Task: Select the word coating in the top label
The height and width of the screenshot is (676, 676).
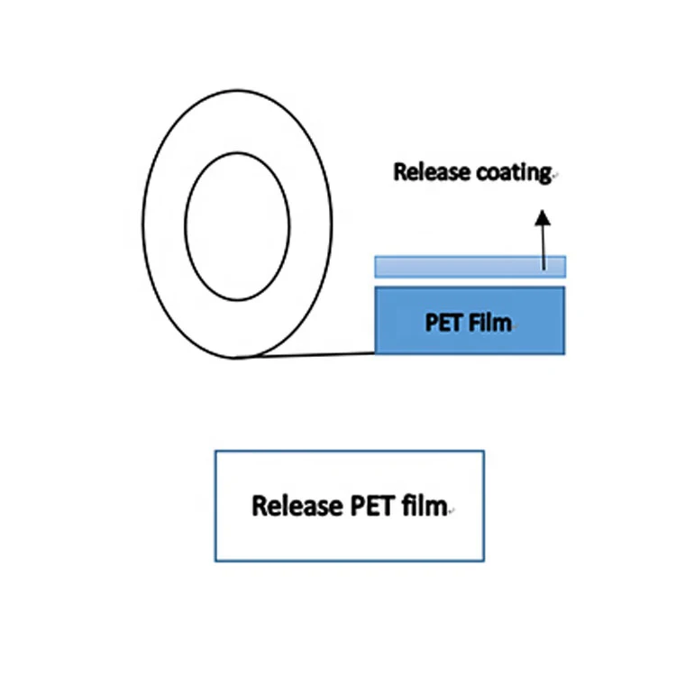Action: [511, 172]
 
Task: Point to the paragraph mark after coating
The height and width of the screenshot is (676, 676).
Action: [554, 177]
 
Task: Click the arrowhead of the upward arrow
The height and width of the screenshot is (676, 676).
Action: [542, 217]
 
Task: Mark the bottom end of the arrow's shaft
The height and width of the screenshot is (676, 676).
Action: [543, 269]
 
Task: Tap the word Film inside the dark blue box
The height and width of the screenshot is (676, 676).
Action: [490, 322]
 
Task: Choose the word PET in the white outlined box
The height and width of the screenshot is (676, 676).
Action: [370, 506]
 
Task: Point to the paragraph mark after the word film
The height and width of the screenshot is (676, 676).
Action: [451, 511]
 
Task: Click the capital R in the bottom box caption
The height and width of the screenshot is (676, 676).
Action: [260, 506]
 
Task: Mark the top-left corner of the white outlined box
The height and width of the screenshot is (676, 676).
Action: [215, 451]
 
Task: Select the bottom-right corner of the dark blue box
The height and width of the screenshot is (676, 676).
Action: [565, 352]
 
